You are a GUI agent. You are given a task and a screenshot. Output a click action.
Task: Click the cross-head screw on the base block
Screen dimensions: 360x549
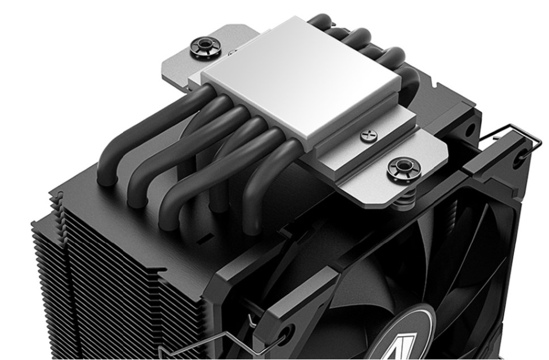click(365, 135)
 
